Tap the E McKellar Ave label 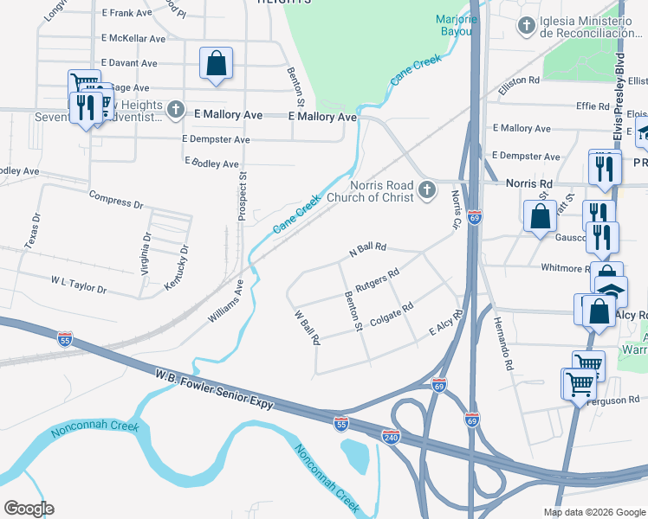click(x=133, y=39)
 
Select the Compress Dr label click(x=116, y=197)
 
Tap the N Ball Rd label click(x=366, y=249)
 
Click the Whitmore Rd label click(x=561, y=269)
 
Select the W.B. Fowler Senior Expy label click(x=215, y=391)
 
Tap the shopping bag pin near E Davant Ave click(x=216, y=63)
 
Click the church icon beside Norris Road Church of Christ click(x=426, y=190)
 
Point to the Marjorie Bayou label click(x=456, y=25)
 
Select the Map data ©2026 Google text click(x=593, y=512)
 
